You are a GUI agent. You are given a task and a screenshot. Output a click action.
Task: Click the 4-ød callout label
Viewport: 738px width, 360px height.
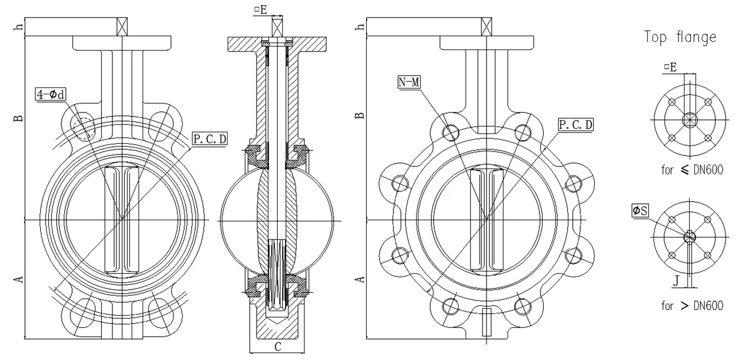(x=51, y=94)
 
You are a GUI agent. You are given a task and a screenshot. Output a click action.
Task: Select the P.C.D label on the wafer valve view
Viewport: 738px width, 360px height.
(x=210, y=138)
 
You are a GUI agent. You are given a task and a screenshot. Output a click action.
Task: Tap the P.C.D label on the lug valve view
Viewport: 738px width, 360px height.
(x=577, y=124)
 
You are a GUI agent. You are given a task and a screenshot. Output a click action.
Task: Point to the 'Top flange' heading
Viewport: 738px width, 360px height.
(x=680, y=37)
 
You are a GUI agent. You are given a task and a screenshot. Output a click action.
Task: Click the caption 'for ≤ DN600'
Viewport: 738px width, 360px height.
(x=692, y=170)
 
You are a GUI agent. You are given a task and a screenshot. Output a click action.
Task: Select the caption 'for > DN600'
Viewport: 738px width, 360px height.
(x=692, y=306)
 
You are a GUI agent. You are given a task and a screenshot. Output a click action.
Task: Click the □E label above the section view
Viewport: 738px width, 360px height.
(x=261, y=9)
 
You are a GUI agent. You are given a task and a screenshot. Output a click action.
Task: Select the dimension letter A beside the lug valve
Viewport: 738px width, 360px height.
(x=359, y=279)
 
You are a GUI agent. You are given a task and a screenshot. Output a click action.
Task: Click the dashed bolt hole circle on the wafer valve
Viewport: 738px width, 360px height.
(x=82, y=124)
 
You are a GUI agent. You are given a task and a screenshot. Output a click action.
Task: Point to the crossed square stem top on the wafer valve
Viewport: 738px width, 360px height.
(x=121, y=27)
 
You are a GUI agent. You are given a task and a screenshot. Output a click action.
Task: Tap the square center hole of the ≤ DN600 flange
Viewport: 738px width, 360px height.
(x=689, y=120)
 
